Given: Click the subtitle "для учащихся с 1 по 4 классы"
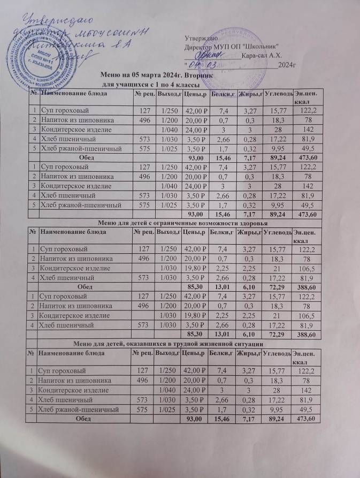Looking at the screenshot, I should [x=151, y=85].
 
